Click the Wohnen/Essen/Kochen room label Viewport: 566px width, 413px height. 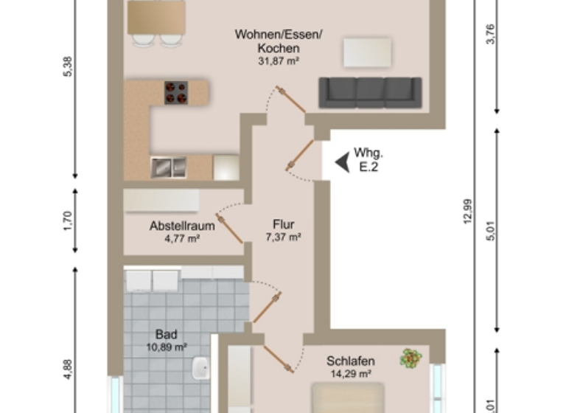pos(279,41)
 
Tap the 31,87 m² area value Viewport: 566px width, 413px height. pos(279,61)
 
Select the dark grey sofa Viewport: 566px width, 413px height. pos(370,92)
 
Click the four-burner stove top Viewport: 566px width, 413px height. pos(176,92)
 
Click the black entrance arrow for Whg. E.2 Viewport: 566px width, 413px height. pos(342,162)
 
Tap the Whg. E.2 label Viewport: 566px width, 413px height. pos(368,160)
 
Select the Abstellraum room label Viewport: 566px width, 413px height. pos(182,226)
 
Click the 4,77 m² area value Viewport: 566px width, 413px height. pos(182,238)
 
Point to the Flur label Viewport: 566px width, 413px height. pos(284,225)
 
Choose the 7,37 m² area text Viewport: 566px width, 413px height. pos(284,237)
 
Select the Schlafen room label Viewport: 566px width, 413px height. pos(351,361)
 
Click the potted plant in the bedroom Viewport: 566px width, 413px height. pos(410,358)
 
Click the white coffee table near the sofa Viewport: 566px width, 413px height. pos(367,52)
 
